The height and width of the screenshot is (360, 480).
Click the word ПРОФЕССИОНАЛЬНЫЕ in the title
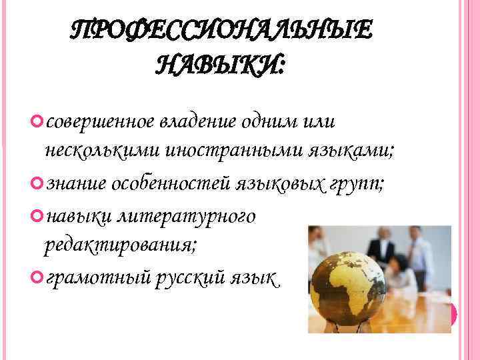click(223, 31)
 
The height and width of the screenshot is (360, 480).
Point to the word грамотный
click(95, 275)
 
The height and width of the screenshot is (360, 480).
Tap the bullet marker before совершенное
click(35, 121)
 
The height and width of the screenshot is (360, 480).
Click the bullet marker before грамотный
click(35, 275)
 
